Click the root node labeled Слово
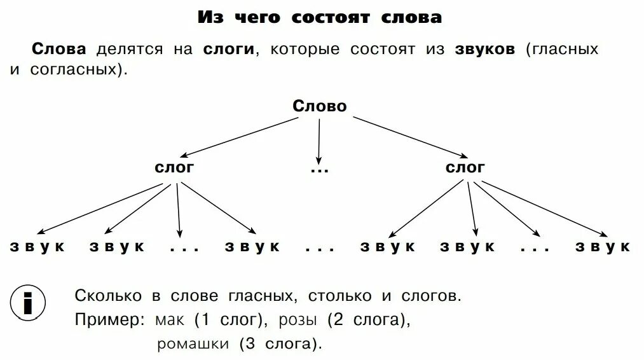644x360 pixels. coord(319,106)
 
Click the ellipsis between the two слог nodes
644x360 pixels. coord(320,170)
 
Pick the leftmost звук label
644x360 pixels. coord(38,247)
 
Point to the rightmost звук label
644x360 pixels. coord(603,247)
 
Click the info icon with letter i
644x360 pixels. coord(27,301)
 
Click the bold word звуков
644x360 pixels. coord(485,49)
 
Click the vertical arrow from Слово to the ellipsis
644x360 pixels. coord(319,140)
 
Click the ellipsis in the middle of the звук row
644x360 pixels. coord(319,249)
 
